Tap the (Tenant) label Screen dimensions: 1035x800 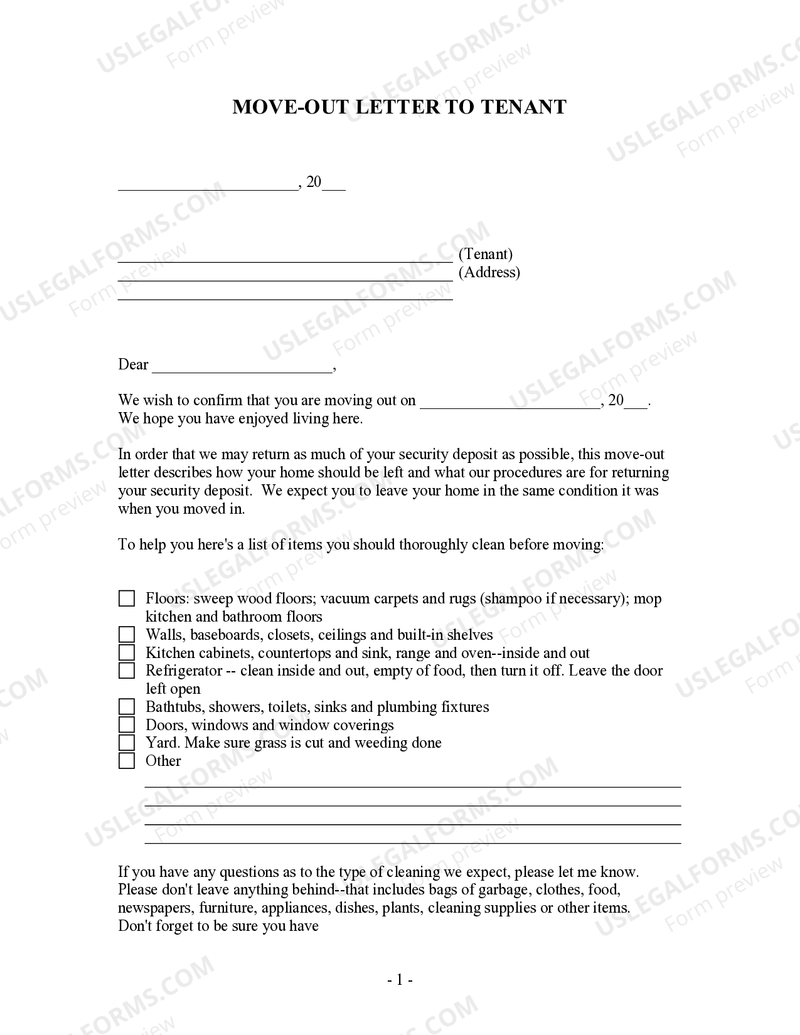[486, 254]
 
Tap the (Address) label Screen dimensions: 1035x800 [489, 272]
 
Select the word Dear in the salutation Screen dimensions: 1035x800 [133, 364]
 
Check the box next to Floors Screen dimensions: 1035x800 [127, 598]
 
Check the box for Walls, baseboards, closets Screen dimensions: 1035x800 [127, 635]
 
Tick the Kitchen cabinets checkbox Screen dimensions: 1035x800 [127, 653]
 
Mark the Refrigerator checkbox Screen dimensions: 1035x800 [127, 671]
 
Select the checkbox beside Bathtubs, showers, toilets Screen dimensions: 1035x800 [127, 707]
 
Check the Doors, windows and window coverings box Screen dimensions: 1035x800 [127, 725]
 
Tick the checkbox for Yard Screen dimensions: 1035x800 [127, 743]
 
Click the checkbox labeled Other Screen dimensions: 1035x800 [127, 761]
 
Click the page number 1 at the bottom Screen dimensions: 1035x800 [399, 980]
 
